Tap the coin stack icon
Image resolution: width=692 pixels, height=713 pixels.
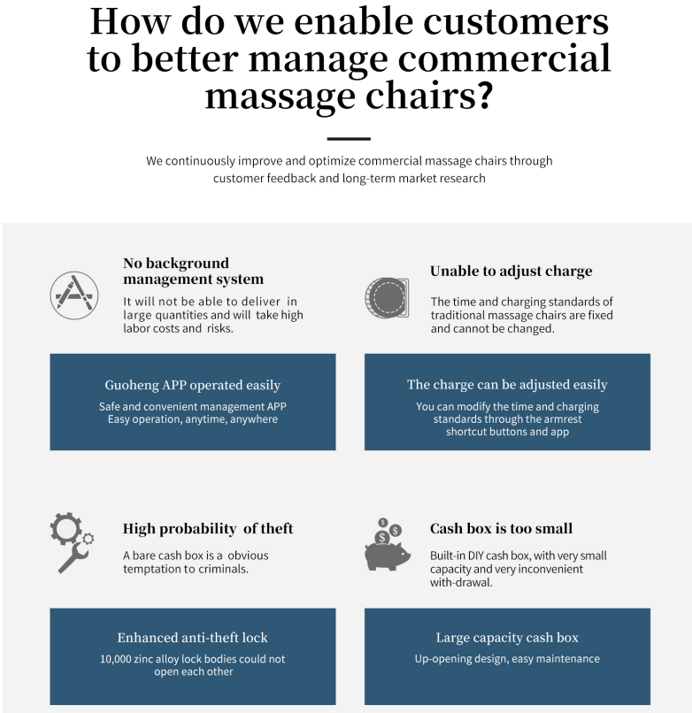(387, 298)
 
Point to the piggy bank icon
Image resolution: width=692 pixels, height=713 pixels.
(387, 547)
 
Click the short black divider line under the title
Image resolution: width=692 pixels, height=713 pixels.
(348, 139)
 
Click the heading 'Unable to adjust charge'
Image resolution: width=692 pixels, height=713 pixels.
(511, 272)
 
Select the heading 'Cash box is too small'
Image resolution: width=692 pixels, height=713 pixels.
(501, 528)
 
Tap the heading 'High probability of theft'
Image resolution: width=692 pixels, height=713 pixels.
(208, 529)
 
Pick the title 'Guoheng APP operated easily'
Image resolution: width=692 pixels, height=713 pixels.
(192, 385)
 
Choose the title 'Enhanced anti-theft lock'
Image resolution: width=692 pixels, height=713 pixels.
(192, 637)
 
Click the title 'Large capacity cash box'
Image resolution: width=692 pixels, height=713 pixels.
(507, 637)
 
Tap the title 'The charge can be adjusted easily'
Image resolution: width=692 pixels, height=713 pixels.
(507, 385)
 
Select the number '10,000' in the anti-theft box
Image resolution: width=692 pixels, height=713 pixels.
(118, 659)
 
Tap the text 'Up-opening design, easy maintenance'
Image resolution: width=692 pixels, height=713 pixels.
(507, 659)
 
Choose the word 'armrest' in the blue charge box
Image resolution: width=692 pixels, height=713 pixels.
(559, 419)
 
